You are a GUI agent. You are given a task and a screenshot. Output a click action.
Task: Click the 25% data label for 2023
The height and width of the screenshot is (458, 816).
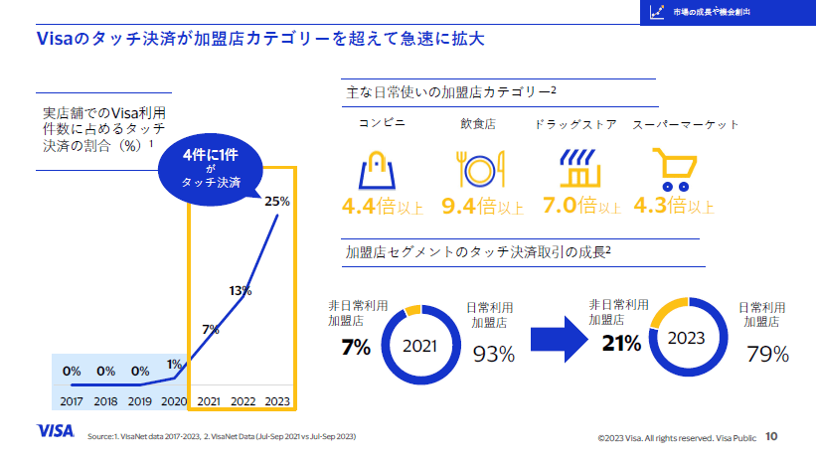(x=277, y=201)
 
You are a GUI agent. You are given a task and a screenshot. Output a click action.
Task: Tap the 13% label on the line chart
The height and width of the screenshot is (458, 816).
(x=240, y=291)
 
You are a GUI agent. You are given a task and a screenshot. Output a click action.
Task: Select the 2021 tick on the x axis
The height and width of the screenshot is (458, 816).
(x=210, y=400)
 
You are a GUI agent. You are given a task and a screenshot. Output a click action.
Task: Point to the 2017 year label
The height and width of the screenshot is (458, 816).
(x=72, y=400)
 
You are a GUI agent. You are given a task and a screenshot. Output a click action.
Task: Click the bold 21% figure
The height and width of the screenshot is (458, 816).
(x=620, y=343)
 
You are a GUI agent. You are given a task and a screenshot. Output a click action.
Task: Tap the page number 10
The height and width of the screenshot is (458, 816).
(x=771, y=435)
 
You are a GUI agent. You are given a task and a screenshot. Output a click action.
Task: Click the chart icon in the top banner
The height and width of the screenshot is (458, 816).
(x=656, y=12)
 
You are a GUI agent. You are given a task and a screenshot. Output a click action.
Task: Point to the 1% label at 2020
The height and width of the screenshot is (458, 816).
(x=174, y=364)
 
